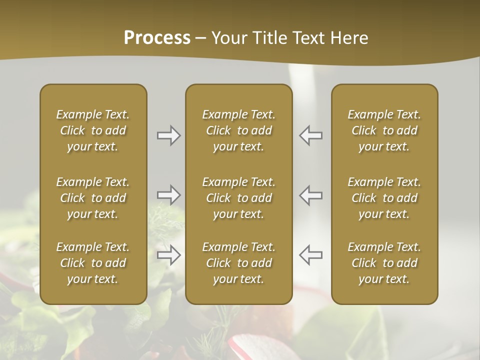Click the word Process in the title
point(157,38)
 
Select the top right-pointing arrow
point(169,135)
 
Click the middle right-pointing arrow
point(169,195)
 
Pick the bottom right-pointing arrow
point(169,255)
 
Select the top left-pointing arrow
point(311,135)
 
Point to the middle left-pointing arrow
point(311,195)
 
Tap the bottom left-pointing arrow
point(311,255)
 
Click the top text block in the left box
point(93,130)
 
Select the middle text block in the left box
point(93,198)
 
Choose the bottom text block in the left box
point(93,263)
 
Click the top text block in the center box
point(238,130)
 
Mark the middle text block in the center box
point(238,198)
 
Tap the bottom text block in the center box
point(238,263)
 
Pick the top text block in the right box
point(384,130)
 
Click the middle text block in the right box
point(384,198)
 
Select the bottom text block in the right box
point(384,263)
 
